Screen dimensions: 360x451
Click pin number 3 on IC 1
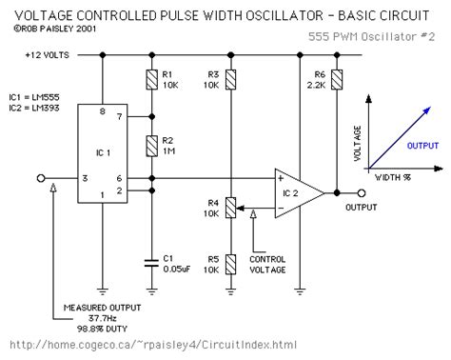[x=85, y=179]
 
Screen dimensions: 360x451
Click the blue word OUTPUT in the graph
[x=422, y=146]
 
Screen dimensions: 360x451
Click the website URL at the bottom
[x=144, y=345]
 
